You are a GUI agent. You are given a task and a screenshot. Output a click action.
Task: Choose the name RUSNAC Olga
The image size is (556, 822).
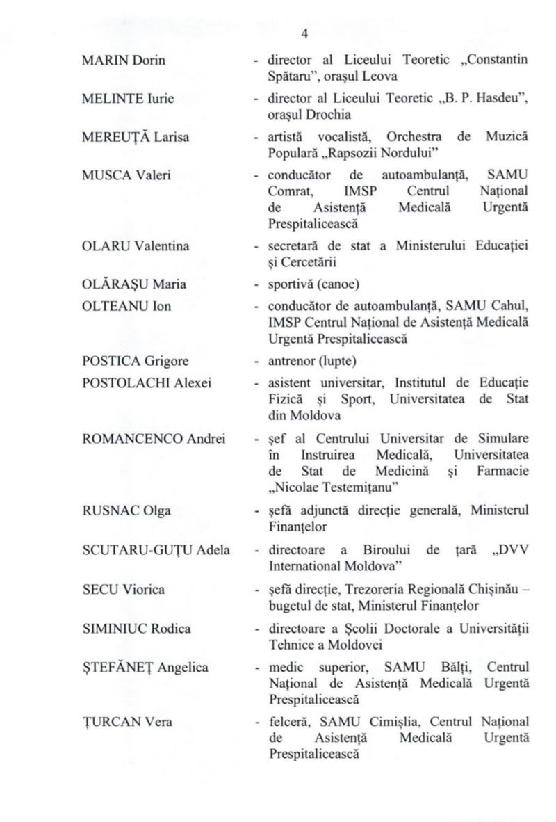112,511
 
